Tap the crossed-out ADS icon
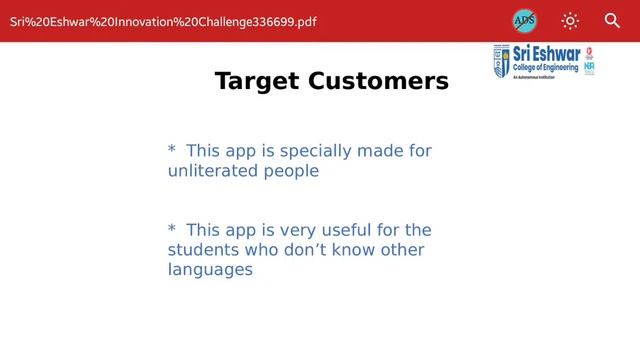524,20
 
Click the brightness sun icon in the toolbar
570,20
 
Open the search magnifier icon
613,20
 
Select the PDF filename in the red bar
163,21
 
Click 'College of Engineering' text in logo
546,67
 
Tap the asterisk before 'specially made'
172,151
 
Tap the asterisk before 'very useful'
172,230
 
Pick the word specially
315,151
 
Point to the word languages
210,270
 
